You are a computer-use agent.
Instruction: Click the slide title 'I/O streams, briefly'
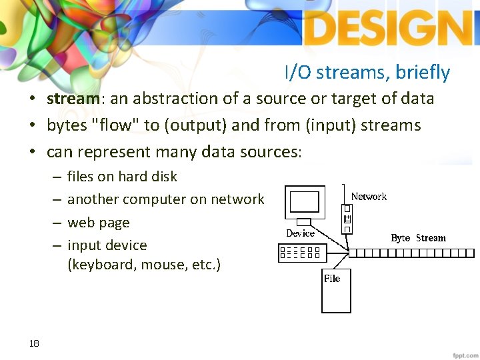point(367,72)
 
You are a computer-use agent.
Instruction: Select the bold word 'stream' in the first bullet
point(73,99)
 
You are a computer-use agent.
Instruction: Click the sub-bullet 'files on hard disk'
point(122,177)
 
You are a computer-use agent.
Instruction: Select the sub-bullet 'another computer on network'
point(165,199)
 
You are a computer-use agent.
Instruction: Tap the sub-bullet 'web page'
point(99,223)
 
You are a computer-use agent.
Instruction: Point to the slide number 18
point(34,343)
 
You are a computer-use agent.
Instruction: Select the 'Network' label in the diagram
point(369,197)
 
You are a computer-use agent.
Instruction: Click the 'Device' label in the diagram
point(300,233)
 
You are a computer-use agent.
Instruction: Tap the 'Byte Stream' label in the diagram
point(418,238)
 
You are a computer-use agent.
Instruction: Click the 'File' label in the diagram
point(331,279)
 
